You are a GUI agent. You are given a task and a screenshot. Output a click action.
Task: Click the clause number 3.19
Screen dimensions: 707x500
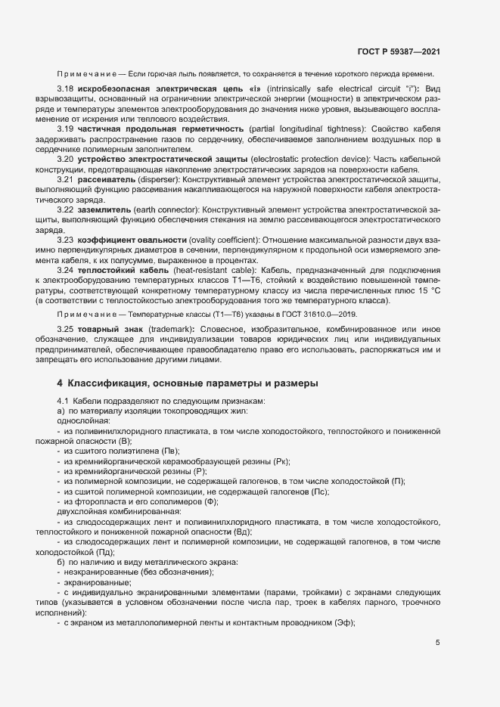[x=65, y=129]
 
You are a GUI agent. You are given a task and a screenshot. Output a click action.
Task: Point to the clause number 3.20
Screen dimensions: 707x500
[x=65, y=160]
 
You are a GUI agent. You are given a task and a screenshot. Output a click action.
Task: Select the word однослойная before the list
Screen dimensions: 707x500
[x=83, y=420]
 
